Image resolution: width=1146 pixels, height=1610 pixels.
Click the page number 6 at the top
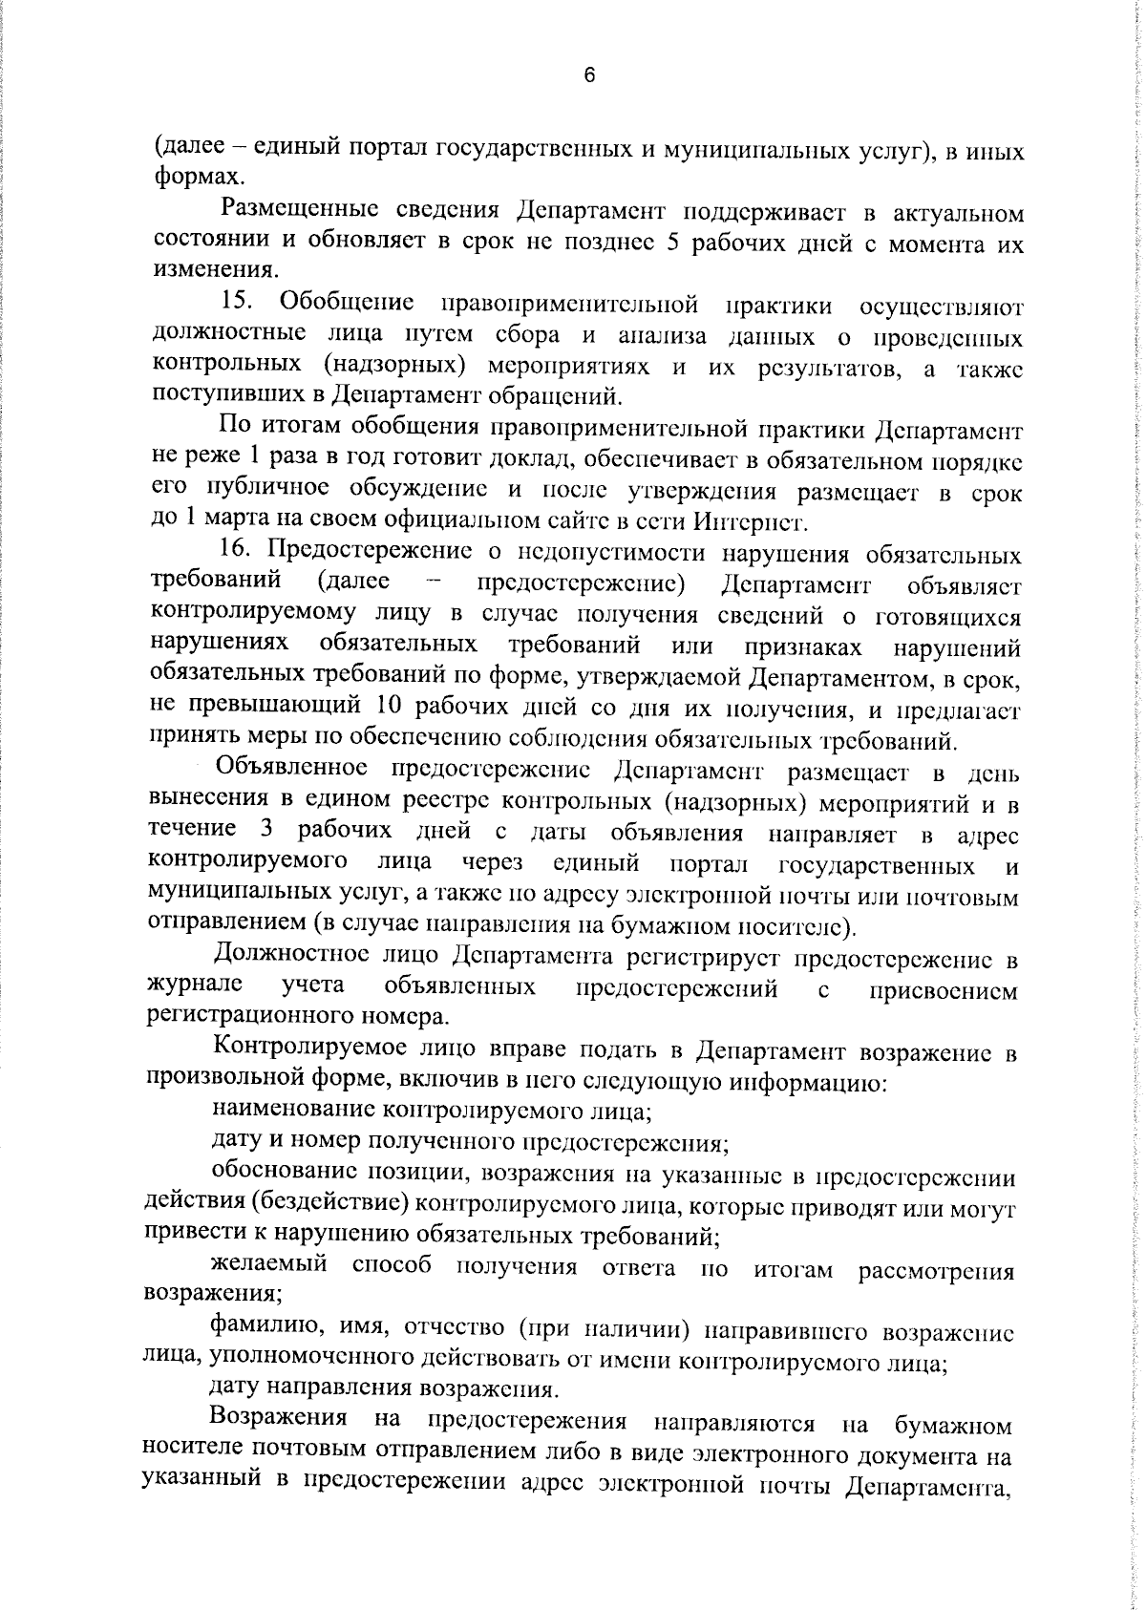click(x=589, y=77)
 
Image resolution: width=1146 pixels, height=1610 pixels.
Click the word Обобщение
click(x=347, y=305)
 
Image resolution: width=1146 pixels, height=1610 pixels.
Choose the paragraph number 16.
click(x=234, y=553)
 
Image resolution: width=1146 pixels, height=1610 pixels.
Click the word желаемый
click(x=269, y=1268)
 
